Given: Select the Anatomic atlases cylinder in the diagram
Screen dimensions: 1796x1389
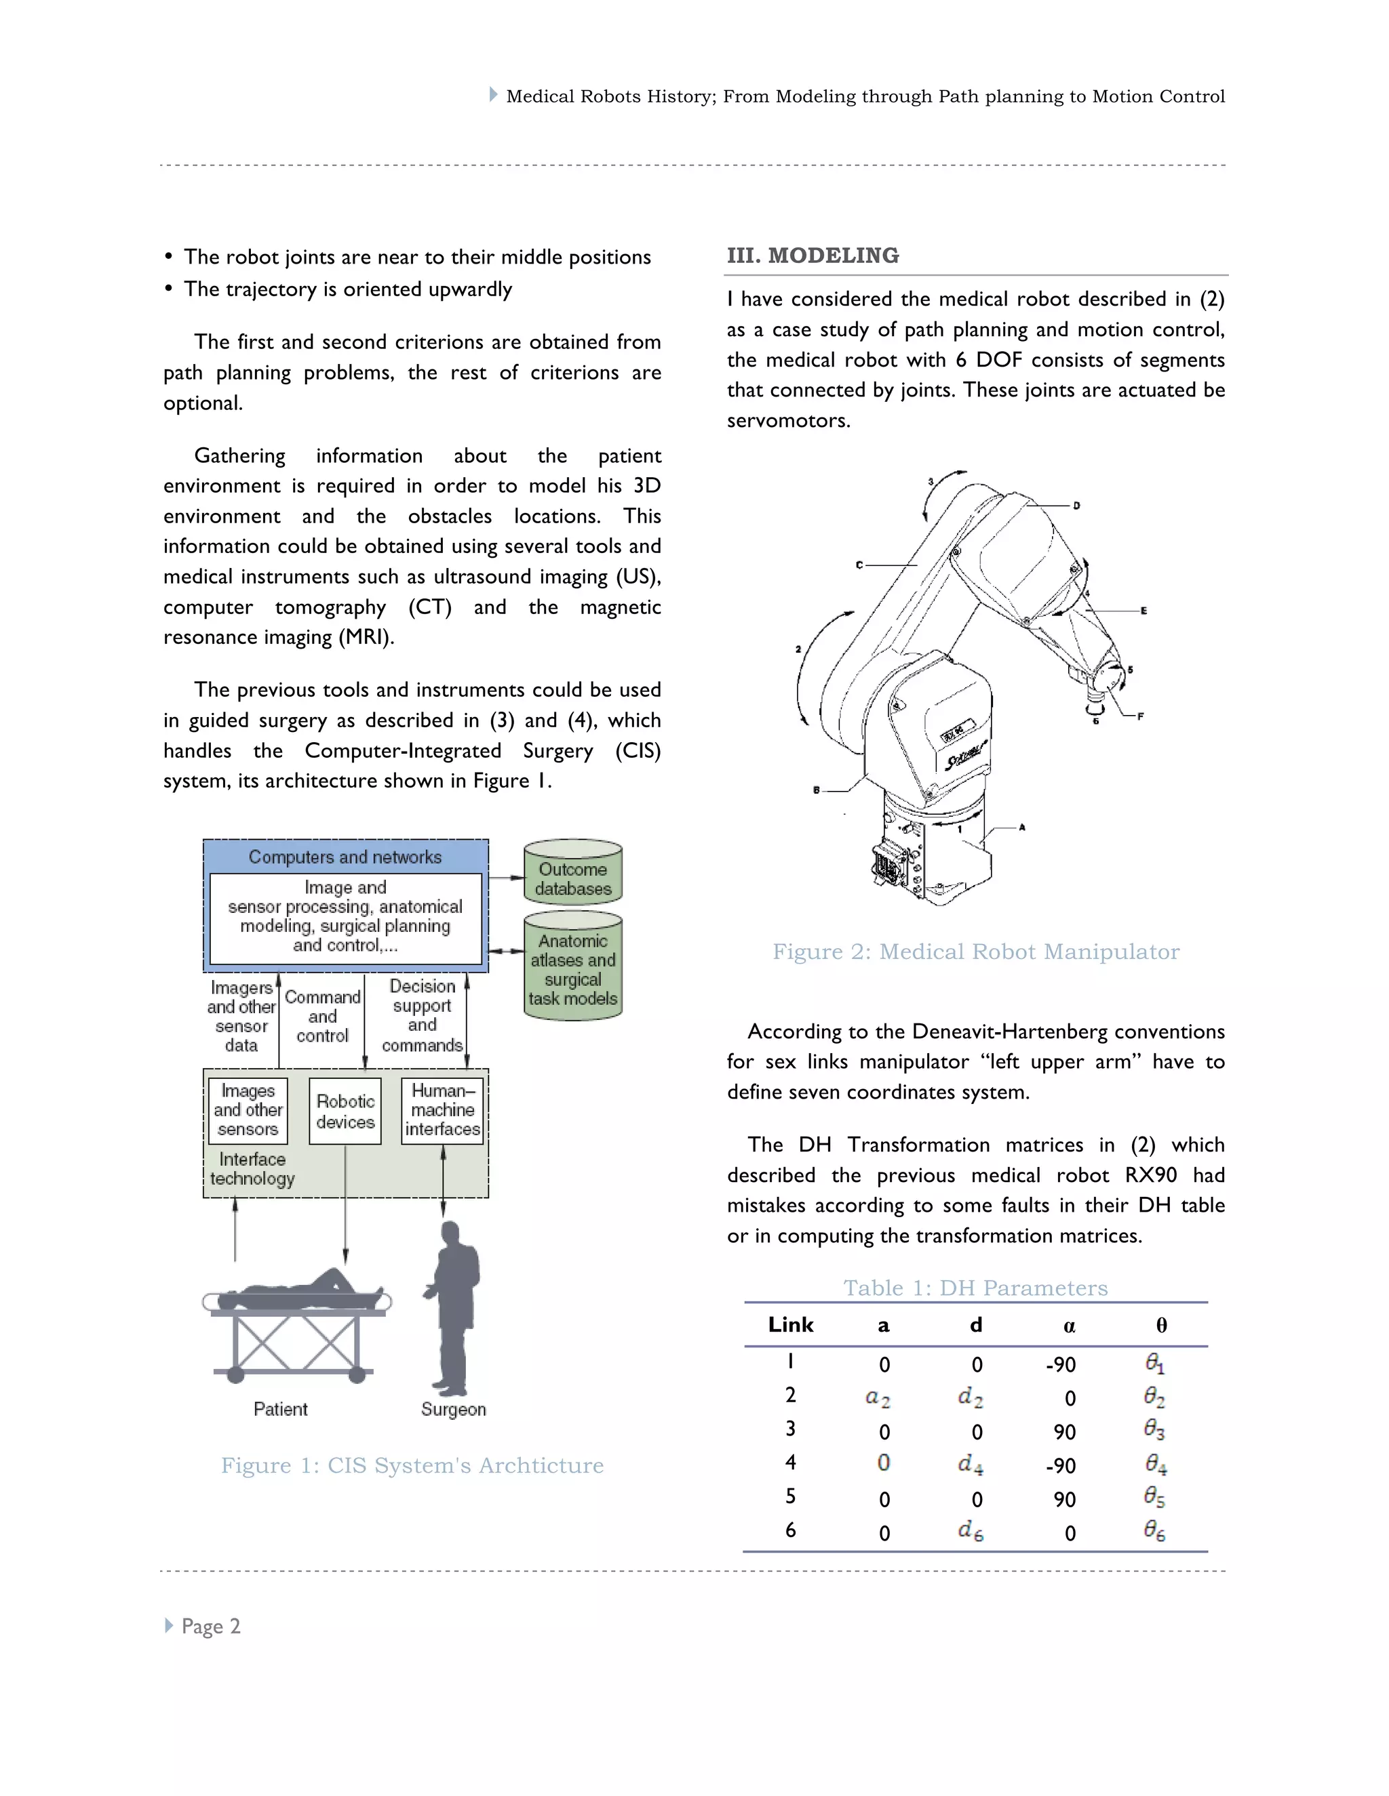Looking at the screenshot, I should pyautogui.click(x=572, y=968).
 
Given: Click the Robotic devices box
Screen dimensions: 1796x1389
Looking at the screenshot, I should pyautogui.click(x=345, y=1111).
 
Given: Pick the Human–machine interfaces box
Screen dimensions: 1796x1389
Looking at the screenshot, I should pyautogui.click(x=443, y=1109).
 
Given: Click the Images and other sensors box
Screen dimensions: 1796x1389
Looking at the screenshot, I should pyautogui.click(x=248, y=1109).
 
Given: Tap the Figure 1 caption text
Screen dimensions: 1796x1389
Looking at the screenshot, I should pyautogui.click(x=412, y=1465).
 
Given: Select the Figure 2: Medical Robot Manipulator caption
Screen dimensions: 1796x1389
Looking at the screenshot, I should pyautogui.click(x=975, y=952).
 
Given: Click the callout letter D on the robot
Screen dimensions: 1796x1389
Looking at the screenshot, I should pyautogui.click(x=1076, y=505).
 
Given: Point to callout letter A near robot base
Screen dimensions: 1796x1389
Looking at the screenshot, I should pyautogui.click(x=1022, y=828).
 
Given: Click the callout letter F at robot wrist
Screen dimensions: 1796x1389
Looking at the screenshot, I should pyautogui.click(x=1141, y=716).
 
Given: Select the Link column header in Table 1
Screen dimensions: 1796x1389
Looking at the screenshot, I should pyautogui.click(x=790, y=1325).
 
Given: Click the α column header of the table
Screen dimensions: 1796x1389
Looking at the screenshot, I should pyautogui.click(x=1069, y=1326).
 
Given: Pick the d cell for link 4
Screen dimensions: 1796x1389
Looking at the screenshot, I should pyautogui.click(x=971, y=1465).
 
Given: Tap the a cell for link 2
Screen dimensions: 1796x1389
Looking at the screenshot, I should pyautogui.click(x=878, y=1397).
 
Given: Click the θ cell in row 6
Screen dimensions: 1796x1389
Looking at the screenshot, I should pyautogui.click(x=1154, y=1530).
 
